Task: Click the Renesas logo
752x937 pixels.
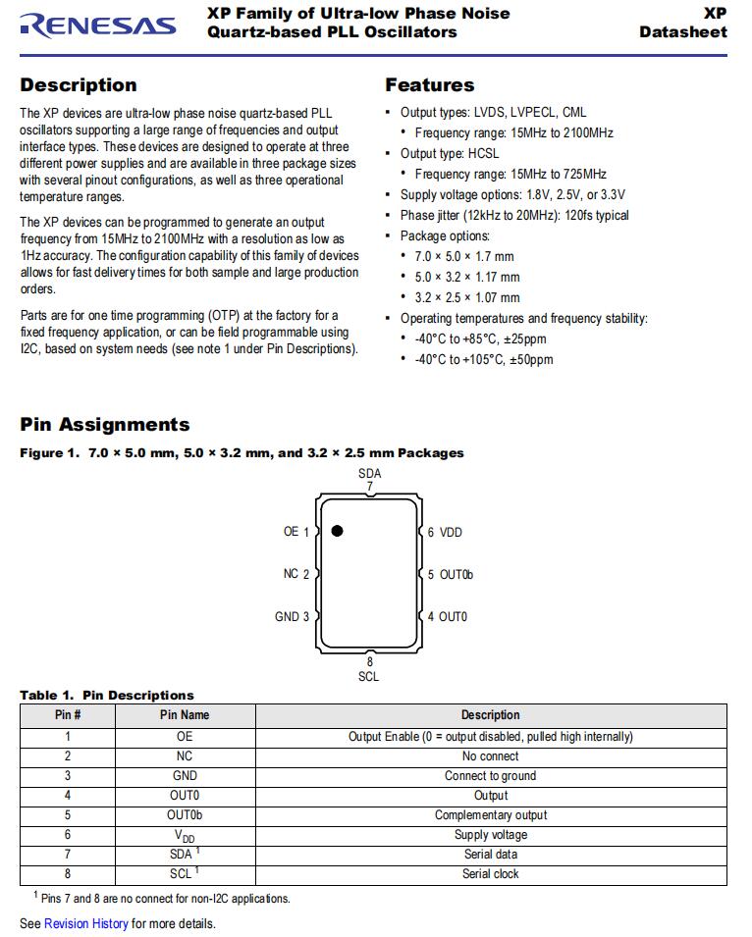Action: (x=97, y=26)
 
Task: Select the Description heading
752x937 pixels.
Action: (x=79, y=85)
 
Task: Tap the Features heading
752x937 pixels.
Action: (x=429, y=85)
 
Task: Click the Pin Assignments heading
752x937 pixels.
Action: (x=105, y=425)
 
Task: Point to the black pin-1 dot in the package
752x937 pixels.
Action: (x=337, y=531)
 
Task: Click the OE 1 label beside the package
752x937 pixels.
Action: (x=296, y=532)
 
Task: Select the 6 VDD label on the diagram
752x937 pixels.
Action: (x=445, y=533)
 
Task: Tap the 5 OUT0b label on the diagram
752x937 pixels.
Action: (x=451, y=575)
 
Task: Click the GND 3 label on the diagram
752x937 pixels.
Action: (x=292, y=617)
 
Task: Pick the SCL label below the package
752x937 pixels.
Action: (x=369, y=676)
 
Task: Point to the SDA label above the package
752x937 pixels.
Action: (x=370, y=473)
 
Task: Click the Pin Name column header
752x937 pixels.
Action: (x=185, y=715)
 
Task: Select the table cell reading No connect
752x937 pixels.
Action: (x=491, y=756)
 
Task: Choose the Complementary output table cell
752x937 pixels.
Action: (x=491, y=815)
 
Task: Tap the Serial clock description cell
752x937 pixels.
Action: (x=491, y=874)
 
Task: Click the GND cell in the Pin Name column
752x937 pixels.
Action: (x=185, y=776)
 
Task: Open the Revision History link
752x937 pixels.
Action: (x=86, y=923)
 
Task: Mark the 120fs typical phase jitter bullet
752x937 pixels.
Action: (x=514, y=216)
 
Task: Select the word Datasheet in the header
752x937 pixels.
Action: (x=683, y=31)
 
